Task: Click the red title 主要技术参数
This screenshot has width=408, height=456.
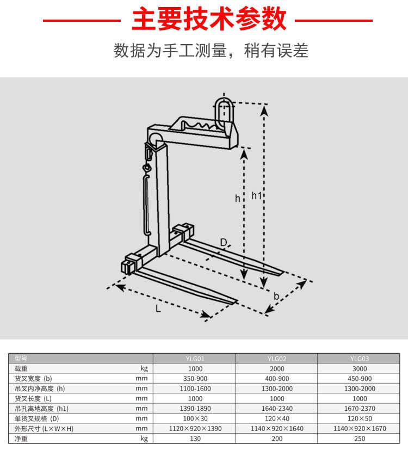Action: [208, 20]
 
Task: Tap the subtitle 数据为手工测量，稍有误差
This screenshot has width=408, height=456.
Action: [211, 51]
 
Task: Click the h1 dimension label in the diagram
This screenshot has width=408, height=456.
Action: [257, 195]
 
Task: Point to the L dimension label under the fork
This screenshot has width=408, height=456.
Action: [158, 309]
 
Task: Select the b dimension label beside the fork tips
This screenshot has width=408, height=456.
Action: [277, 297]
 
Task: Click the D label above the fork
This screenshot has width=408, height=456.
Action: [224, 242]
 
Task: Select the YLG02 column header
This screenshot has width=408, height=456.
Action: [277, 359]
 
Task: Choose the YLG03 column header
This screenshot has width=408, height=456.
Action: [359, 359]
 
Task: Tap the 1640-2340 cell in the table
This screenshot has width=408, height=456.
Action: [277, 408]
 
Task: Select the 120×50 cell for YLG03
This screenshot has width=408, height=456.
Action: [359, 418]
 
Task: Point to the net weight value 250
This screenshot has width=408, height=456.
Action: [359, 438]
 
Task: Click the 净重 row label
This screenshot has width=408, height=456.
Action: [21, 438]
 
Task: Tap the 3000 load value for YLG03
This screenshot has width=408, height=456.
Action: [359, 368]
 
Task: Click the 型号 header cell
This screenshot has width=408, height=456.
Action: [21, 359]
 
